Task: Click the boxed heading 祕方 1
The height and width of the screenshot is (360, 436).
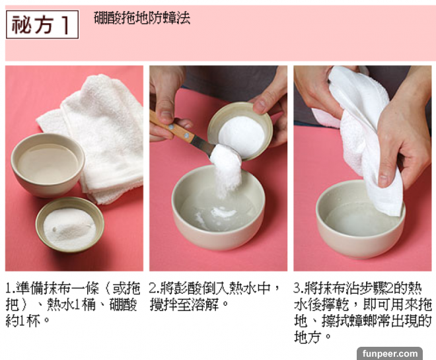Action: click(42, 24)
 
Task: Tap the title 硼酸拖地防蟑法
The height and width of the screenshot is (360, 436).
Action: click(142, 18)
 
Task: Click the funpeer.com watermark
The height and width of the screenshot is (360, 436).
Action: click(390, 353)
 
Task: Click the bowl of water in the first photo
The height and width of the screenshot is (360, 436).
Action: click(48, 164)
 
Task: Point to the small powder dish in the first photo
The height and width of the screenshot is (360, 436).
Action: click(70, 225)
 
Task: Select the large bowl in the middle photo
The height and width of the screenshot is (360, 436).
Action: click(218, 207)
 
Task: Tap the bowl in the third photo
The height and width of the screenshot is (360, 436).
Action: click(360, 219)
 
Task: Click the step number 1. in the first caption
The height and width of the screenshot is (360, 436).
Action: click(11, 288)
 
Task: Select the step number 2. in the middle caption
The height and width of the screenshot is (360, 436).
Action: click(155, 288)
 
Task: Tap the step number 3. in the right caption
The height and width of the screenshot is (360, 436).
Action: click(299, 288)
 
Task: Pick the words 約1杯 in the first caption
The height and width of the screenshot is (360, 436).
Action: click(23, 321)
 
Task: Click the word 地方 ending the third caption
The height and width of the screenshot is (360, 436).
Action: click(308, 337)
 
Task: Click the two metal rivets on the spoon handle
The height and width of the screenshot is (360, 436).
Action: click(179, 131)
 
